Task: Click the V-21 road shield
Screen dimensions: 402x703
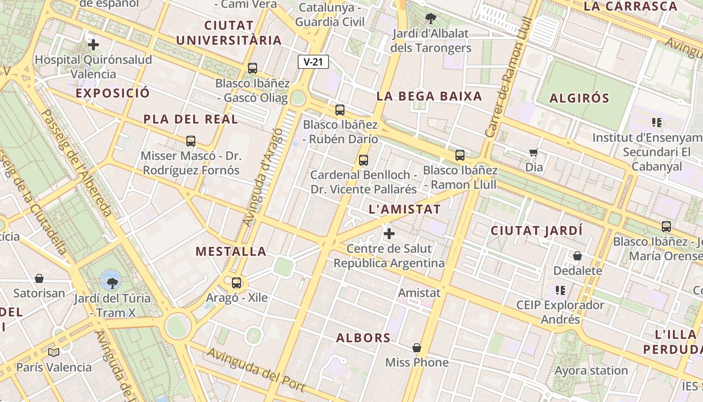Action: tap(313, 62)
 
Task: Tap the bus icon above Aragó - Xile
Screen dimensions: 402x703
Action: tap(237, 283)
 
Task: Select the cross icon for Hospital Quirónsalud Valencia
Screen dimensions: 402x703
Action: tap(93, 45)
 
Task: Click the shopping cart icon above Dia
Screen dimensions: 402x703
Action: tap(533, 152)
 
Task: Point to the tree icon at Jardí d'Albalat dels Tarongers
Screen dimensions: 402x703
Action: tap(430, 19)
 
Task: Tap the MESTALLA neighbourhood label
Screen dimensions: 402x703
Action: tap(231, 251)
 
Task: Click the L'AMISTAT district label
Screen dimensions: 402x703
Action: tap(404, 209)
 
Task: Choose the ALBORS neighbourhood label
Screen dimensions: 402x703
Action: tap(363, 338)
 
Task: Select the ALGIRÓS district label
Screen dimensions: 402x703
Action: tap(579, 98)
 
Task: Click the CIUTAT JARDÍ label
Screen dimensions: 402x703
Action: tap(536, 231)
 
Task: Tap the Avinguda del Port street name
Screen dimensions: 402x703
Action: tap(256, 369)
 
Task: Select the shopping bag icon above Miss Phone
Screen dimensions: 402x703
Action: tap(416, 348)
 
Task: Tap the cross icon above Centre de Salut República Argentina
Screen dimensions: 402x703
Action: tap(389, 234)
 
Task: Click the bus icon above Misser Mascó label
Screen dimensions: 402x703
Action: tap(190, 141)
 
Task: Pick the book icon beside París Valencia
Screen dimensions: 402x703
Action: tap(53, 352)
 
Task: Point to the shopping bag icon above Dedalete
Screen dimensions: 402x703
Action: tap(577, 256)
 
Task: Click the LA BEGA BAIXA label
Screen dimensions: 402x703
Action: tap(429, 96)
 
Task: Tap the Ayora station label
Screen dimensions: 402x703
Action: tap(591, 371)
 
